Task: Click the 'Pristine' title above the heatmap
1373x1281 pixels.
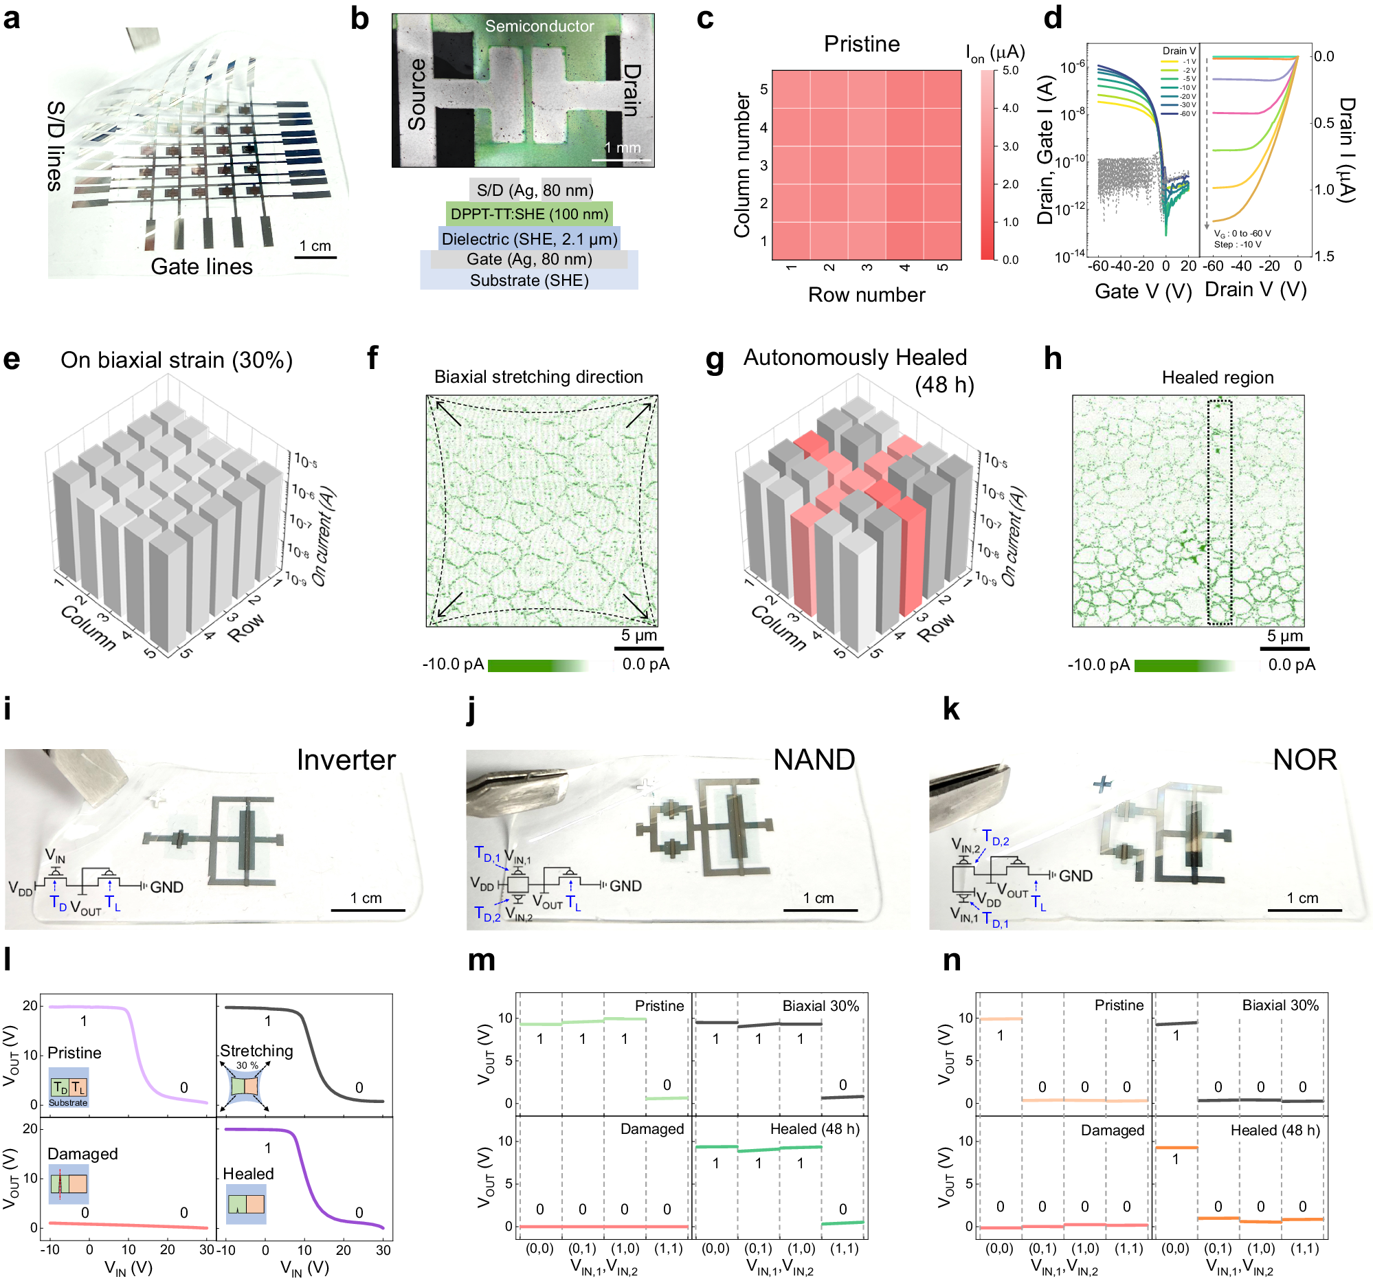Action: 861,44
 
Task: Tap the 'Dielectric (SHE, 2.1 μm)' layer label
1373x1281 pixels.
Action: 529,239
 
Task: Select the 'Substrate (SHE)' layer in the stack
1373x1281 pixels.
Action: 529,280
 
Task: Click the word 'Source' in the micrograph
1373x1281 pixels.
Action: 417,94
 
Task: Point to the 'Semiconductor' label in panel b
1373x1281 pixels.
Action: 539,26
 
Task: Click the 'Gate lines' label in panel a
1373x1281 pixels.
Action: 201,267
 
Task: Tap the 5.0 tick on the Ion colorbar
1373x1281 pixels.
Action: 1009,70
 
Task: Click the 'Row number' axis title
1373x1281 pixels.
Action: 866,295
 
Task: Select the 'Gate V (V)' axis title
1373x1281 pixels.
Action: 1143,291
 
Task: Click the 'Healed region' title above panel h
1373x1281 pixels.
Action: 1217,377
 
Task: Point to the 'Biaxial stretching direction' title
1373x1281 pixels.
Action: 538,377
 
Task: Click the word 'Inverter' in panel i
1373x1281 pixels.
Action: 346,759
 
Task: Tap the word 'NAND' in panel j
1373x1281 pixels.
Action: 814,759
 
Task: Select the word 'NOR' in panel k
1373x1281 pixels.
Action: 1305,759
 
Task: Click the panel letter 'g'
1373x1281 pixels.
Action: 715,361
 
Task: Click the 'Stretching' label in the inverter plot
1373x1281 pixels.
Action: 256,1050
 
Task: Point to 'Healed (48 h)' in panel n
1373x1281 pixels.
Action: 1275,1130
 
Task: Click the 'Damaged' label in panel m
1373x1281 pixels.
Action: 652,1129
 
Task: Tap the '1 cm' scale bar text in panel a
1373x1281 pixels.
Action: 315,246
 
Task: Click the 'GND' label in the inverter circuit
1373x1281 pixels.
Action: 166,887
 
